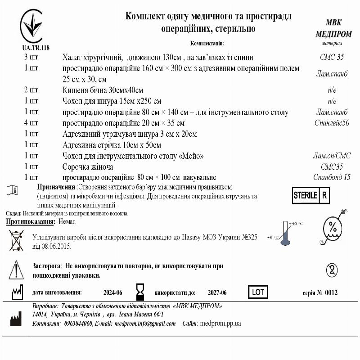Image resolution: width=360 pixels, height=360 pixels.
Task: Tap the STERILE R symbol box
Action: [x=311, y=195]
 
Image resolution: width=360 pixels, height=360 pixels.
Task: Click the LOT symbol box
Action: [x=258, y=292]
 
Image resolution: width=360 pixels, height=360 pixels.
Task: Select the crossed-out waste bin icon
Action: [x=16, y=240]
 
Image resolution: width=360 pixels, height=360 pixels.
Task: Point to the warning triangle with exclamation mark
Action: [x=16, y=270]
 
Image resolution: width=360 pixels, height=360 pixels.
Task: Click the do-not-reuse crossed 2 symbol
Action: [x=331, y=270]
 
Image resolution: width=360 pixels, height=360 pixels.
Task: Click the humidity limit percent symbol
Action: [x=333, y=228]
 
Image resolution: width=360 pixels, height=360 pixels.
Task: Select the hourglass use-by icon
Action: [x=141, y=292]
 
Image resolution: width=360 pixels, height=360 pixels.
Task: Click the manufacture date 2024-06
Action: [x=112, y=292]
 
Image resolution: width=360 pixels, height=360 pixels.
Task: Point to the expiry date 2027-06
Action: [x=217, y=292]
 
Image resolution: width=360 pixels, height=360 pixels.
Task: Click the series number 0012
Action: [x=331, y=292]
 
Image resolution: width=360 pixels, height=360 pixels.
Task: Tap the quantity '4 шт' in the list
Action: [x=31, y=123]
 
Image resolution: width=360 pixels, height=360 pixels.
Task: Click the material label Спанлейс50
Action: [x=332, y=123]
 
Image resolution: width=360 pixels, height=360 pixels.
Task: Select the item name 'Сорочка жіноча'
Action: [x=87, y=166]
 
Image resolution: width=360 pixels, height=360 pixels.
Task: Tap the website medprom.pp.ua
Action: [x=220, y=323]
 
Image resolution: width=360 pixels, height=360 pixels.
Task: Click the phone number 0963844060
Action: [x=78, y=323]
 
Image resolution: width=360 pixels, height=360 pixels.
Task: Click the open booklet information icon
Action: [x=12, y=190]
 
